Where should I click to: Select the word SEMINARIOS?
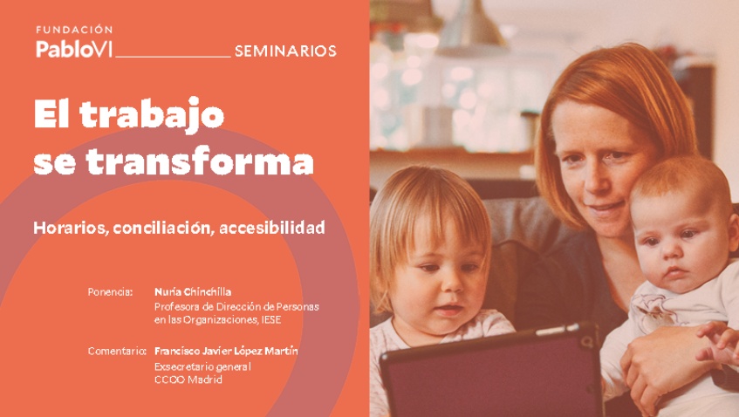[285, 51]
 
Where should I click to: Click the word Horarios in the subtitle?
[63, 228]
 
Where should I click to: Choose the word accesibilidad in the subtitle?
[272, 228]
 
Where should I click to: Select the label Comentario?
[116, 352]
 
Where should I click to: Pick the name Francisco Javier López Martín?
[225, 352]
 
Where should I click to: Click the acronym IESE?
[270, 320]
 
